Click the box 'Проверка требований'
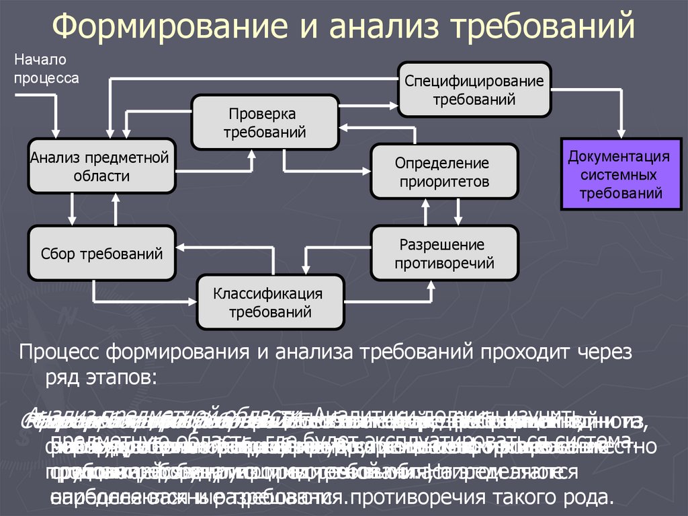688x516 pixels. point(265,122)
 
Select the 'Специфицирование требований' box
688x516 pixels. point(474,89)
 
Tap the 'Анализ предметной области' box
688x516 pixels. point(101,166)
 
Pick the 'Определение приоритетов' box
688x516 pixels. point(444,172)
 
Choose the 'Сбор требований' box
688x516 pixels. point(101,254)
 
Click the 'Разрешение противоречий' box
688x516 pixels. point(444,252)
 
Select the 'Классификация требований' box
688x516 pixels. point(269,302)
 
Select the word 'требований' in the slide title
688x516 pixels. point(542,28)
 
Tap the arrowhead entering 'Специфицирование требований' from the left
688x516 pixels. point(394,104)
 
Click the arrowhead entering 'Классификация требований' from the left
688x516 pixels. point(191,299)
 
